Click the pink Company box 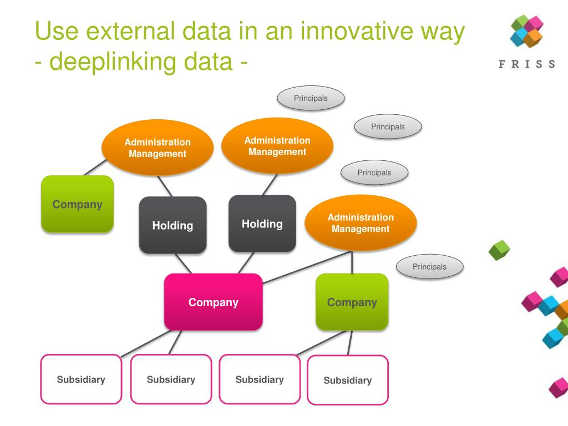click(213, 302)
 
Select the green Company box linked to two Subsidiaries click(352, 302)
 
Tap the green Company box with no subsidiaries click(77, 204)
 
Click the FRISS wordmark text click(526, 64)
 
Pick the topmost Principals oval click(311, 98)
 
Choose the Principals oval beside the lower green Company click(429, 267)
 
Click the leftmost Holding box click(173, 225)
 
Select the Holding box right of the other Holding click(262, 224)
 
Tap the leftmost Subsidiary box click(81, 379)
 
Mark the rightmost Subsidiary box click(347, 380)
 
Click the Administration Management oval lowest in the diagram click(361, 222)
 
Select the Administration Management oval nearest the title click(277, 145)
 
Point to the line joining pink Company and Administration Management click(307, 267)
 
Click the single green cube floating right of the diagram click(499, 250)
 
